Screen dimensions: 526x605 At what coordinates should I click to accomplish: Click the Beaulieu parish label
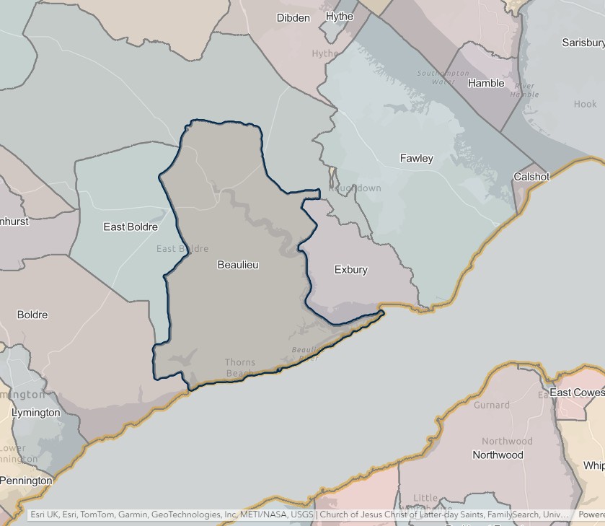click(x=237, y=265)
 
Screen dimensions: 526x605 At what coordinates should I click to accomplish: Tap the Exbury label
click(x=350, y=270)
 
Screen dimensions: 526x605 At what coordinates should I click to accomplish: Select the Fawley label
click(x=416, y=158)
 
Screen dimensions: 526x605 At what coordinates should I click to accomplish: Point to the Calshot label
click(x=531, y=177)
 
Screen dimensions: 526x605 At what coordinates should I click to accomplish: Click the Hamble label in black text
click(x=486, y=83)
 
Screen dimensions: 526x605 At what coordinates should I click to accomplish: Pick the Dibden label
click(x=293, y=18)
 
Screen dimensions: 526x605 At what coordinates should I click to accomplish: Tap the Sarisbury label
click(x=583, y=43)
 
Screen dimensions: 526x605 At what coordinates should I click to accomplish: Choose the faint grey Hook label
click(x=585, y=104)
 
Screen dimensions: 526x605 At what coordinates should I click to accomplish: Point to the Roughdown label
click(x=355, y=188)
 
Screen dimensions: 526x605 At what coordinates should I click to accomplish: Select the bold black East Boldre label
click(x=131, y=227)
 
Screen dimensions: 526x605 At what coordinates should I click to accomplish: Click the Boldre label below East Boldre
click(x=32, y=315)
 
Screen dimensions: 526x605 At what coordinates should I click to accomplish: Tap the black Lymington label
click(x=36, y=413)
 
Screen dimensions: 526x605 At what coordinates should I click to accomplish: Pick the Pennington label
click(x=26, y=481)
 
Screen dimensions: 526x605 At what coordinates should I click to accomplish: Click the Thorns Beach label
click(x=239, y=368)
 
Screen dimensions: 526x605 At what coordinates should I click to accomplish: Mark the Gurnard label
click(x=491, y=406)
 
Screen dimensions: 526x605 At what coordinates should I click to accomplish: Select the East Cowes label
click(x=576, y=393)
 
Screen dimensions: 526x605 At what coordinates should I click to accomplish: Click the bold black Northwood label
click(x=498, y=455)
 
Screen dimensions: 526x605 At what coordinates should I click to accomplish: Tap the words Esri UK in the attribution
click(x=45, y=515)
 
